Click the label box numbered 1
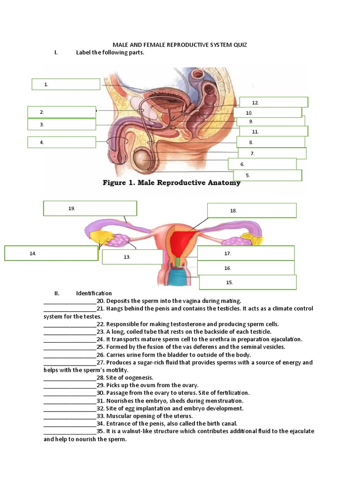66,84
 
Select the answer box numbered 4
61,142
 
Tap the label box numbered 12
273,102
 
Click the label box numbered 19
90,209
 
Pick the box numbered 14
51,253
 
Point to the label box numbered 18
252,211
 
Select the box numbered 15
247,282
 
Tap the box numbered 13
132,257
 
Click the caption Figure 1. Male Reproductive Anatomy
172,183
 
